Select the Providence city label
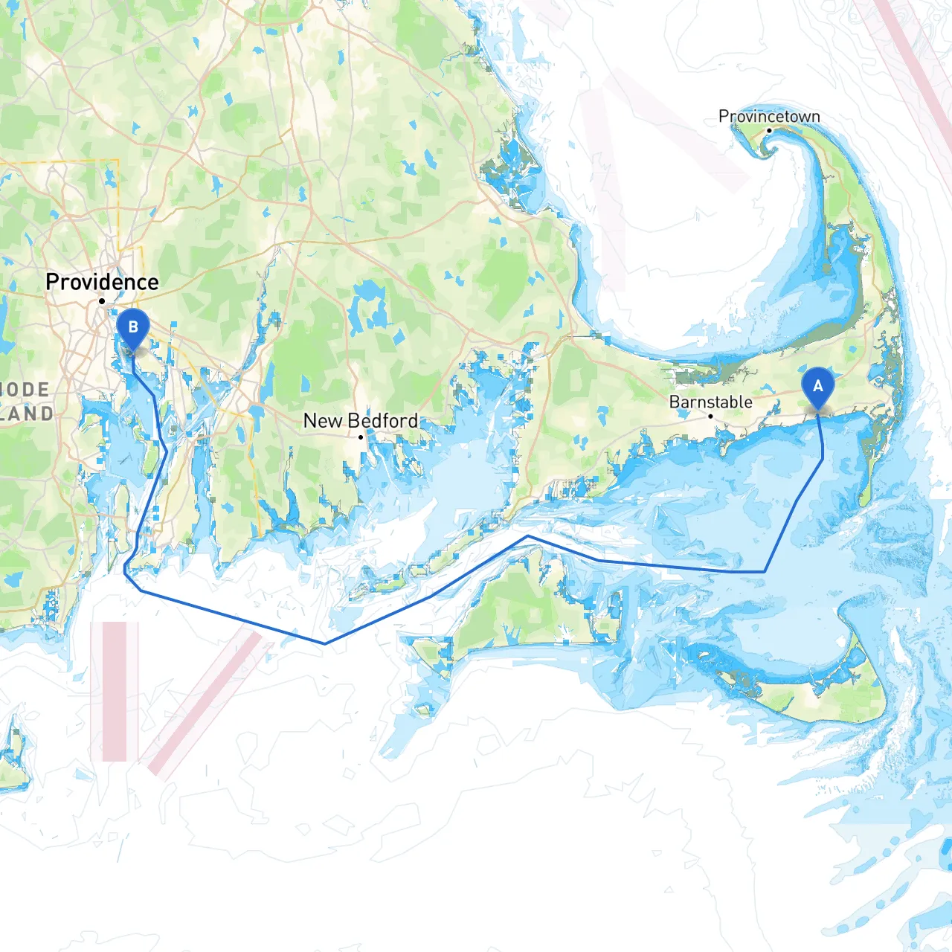click(x=102, y=282)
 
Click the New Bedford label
click(x=361, y=420)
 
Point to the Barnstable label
click(x=710, y=402)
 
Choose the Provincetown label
click(x=769, y=116)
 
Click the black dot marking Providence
click(x=102, y=301)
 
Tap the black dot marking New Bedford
click(x=361, y=437)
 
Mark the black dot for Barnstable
click(x=710, y=416)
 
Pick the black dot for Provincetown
click(x=769, y=131)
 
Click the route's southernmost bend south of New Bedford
click(x=325, y=643)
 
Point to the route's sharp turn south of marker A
click(x=765, y=571)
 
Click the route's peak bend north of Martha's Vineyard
click(x=528, y=535)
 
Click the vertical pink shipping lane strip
click(x=115, y=692)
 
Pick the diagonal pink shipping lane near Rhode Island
click(x=205, y=703)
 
